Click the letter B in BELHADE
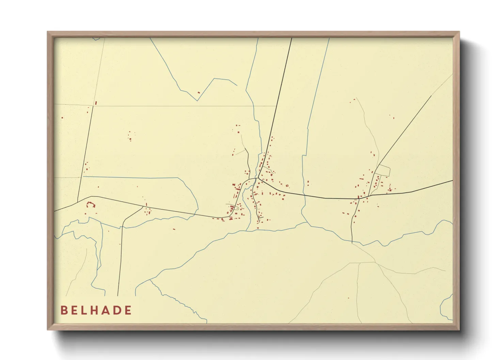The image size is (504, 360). (x=64, y=310)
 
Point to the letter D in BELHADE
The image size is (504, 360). (x=117, y=310)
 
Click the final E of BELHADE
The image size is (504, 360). (x=128, y=310)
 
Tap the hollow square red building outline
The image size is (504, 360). (x=287, y=185)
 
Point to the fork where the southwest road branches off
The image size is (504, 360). (x=143, y=207)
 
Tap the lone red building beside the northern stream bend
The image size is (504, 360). (x=199, y=92)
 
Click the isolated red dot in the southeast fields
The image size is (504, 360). (x=348, y=298)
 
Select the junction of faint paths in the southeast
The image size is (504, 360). (x=375, y=262)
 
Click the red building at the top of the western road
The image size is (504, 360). (x=96, y=102)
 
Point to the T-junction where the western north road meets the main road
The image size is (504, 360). (x=78, y=201)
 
